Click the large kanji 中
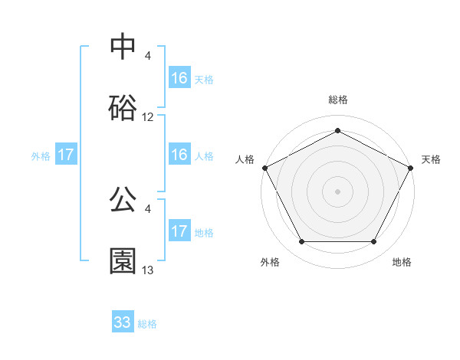tap(123, 47)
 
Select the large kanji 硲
tap(123, 107)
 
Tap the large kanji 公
tap(123, 200)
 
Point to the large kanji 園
tap(123, 260)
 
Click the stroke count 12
tap(148, 117)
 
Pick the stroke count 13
tap(148, 270)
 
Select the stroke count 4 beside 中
tap(148, 56)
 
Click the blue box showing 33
tap(123, 322)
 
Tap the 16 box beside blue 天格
tap(179, 78)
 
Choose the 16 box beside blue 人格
tap(179, 155)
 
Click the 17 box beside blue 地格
tap(179, 231)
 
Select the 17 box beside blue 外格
tap(66, 155)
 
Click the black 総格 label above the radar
tap(338, 100)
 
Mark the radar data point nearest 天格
tap(412, 167)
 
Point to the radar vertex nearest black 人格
tap(264, 167)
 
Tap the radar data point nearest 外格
tap(301, 242)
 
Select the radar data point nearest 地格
tap(374, 242)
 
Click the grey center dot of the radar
tap(338, 191)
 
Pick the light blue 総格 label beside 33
tap(148, 323)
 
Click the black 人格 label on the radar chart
tap(245, 159)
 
